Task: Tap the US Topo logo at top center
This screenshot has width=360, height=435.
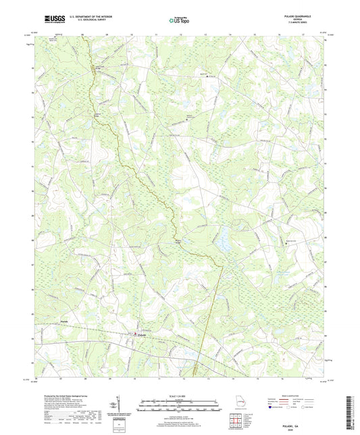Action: pyautogui.click(x=180, y=20)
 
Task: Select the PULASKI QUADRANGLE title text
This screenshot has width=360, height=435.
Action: pyautogui.click(x=302, y=16)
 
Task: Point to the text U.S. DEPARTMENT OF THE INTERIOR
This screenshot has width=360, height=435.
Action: pyautogui.click(x=86, y=16)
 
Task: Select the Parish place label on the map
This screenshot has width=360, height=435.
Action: pyautogui.click(x=65, y=320)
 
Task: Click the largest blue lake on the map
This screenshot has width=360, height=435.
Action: pyautogui.click(x=221, y=236)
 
